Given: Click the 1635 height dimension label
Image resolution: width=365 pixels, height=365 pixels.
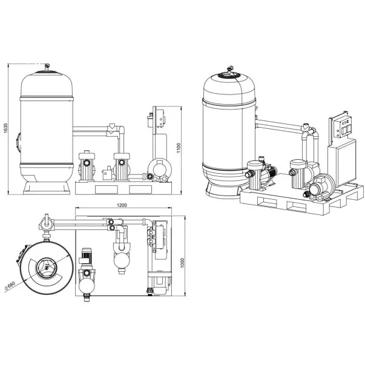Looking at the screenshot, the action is [x=6, y=128].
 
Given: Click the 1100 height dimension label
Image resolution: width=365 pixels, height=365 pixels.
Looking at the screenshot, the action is [x=179, y=148].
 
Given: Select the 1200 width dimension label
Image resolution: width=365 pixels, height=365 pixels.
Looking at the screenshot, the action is [x=122, y=205].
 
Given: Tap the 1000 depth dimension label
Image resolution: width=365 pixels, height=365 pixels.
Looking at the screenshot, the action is [x=182, y=263].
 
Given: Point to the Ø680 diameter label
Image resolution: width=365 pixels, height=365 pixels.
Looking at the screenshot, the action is [x=10, y=286].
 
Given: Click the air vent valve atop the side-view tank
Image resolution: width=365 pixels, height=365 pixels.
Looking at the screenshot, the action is [x=47, y=67].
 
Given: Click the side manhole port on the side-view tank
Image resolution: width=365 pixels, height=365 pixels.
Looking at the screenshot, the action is [x=18, y=143].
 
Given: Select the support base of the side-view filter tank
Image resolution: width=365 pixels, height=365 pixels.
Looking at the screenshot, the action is [x=47, y=188].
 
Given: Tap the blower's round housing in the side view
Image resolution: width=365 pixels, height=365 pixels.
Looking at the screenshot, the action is [x=159, y=168].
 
